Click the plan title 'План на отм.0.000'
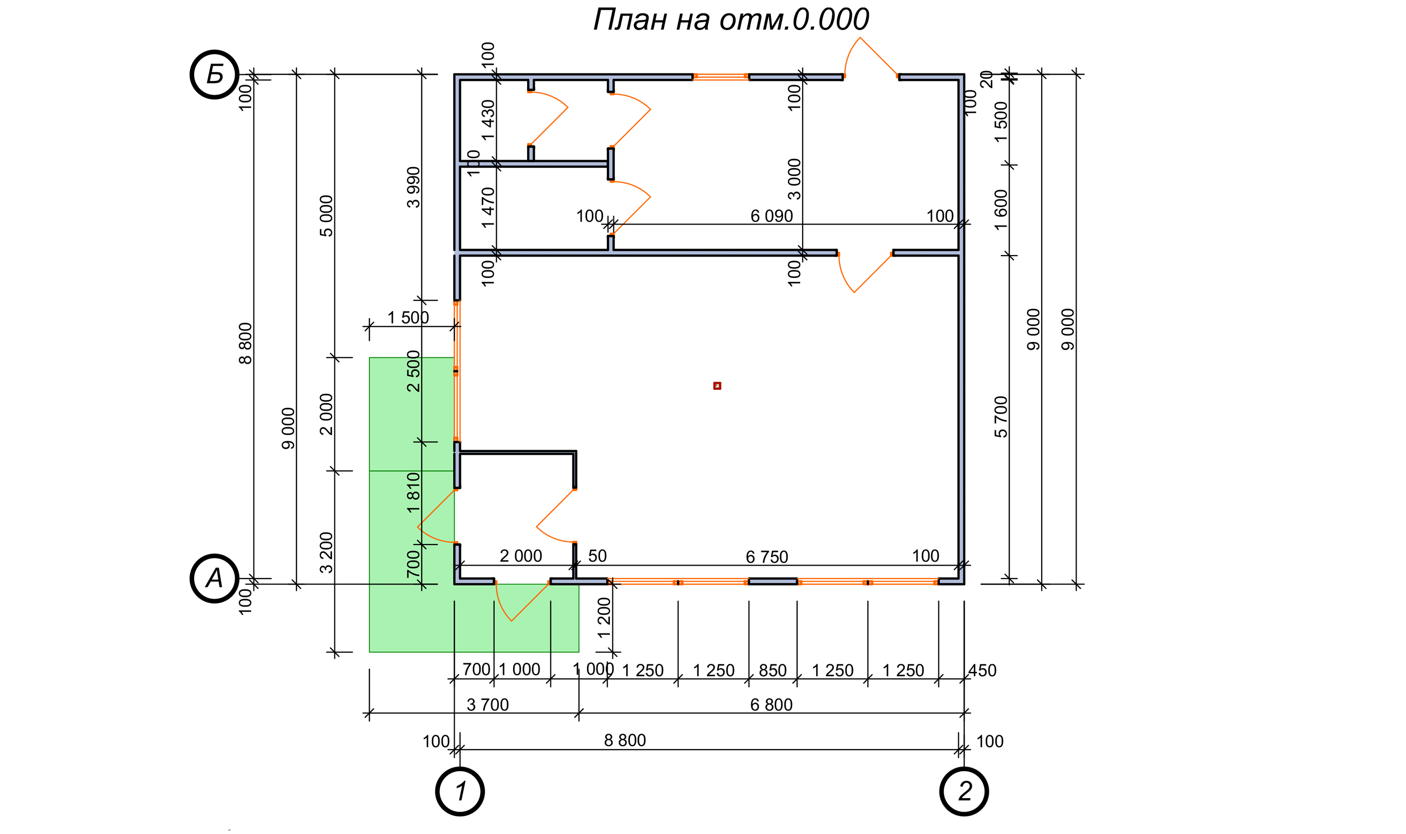(731, 19)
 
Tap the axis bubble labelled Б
(215, 74)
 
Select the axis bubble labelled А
(215, 578)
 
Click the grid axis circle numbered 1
(460, 791)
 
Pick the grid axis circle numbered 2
(964, 791)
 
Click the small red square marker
(717, 385)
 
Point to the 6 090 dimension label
(772, 216)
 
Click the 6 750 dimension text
(767, 557)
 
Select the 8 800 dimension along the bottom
(625, 741)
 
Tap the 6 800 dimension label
(771, 705)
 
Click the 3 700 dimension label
(488, 705)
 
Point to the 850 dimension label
(772, 670)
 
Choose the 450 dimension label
(982, 670)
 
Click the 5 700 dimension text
(1001, 417)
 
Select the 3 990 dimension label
(413, 187)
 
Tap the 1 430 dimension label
(488, 120)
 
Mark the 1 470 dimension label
(488, 207)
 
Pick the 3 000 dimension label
(794, 179)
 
